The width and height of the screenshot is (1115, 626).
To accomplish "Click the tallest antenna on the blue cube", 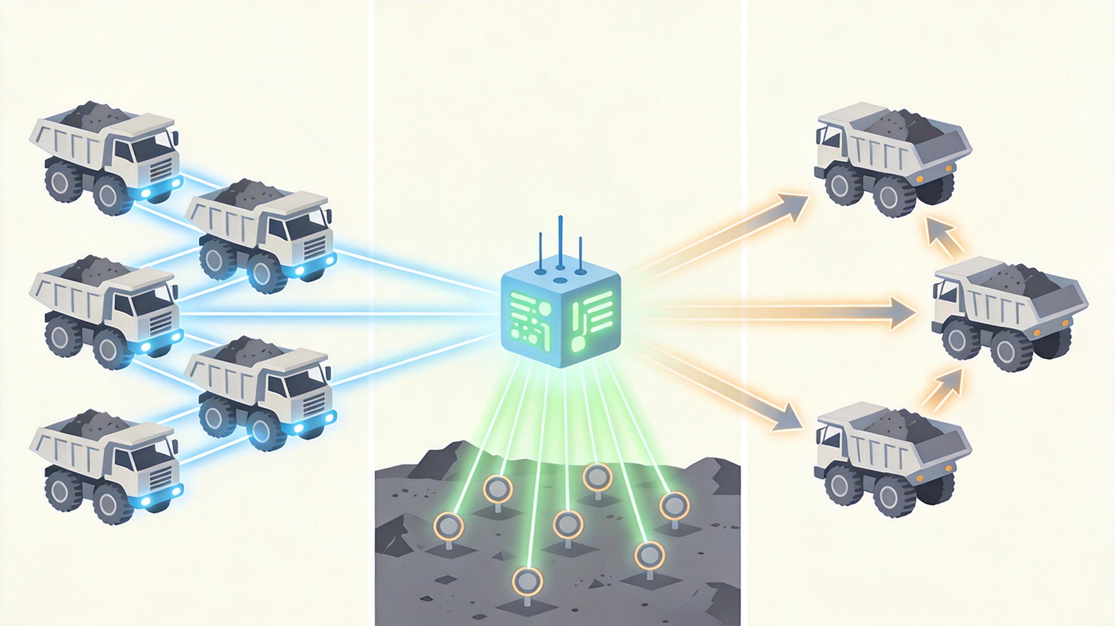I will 560,242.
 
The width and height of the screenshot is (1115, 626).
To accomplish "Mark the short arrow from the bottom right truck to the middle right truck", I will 944,388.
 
